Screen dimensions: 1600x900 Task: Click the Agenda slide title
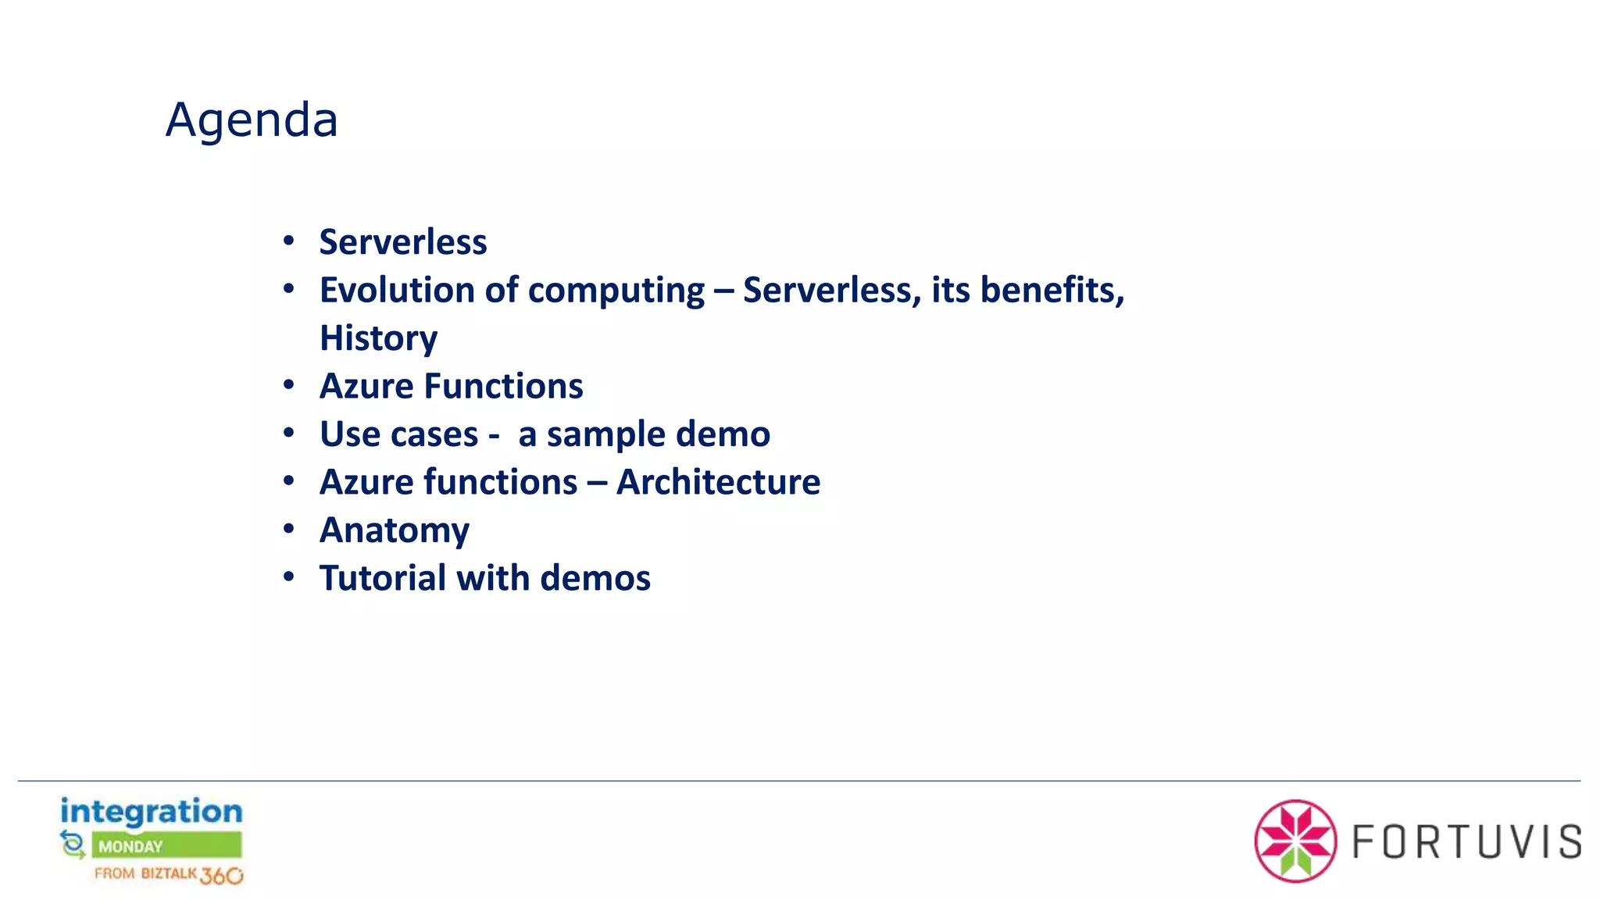[x=252, y=120]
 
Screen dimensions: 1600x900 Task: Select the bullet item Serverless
[x=403, y=242]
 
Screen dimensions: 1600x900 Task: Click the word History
[x=379, y=338]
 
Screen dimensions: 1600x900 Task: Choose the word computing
[x=616, y=291]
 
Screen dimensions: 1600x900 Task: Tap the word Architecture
[x=718, y=482]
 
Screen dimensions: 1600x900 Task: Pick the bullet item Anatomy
[x=395, y=530]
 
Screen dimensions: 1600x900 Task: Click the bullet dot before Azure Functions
[x=289, y=385]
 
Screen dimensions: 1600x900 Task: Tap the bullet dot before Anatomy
[x=289, y=529]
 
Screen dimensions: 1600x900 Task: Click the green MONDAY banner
[x=166, y=846]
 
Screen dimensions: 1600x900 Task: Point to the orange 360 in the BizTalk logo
[x=221, y=876]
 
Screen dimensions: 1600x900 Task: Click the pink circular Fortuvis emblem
[x=1295, y=841]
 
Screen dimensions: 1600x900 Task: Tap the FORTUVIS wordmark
[x=1466, y=842]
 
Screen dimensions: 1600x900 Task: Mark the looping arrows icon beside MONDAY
[x=73, y=845]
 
